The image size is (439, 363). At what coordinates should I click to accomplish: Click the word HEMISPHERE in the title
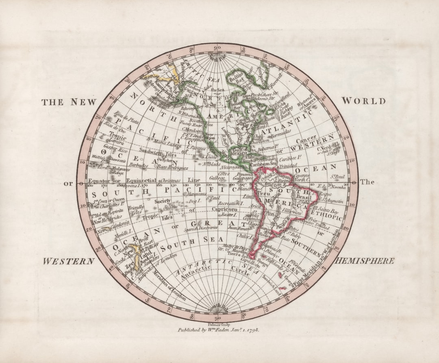click(x=364, y=261)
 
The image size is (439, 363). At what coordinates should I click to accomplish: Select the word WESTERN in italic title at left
click(x=68, y=261)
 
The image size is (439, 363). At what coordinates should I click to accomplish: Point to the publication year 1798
click(x=250, y=330)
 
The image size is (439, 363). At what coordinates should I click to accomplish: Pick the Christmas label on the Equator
click(x=171, y=180)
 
